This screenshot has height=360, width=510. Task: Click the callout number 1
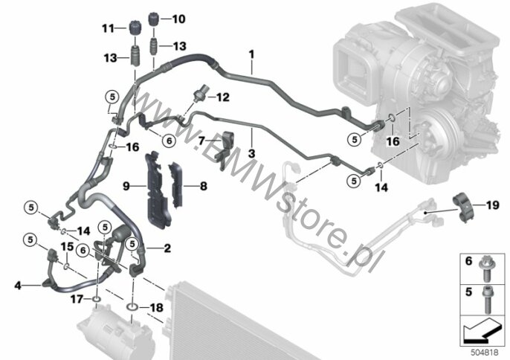(x=251, y=54)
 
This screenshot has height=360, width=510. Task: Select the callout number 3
(x=251, y=153)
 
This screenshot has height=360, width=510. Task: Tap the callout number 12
(x=223, y=97)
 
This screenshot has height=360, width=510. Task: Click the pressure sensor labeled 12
(x=198, y=95)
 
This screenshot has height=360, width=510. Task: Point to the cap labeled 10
(x=153, y=19)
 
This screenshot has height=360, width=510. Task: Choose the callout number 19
(x=492, y=205)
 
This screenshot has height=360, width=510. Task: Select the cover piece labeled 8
(x=175, y=184)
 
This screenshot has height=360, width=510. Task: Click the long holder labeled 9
(x=157, y=189)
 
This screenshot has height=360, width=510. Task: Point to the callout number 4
(x=18, y=286)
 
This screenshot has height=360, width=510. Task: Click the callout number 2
(x=167, y=248)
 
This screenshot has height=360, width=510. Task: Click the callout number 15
(x=68, y=246)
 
